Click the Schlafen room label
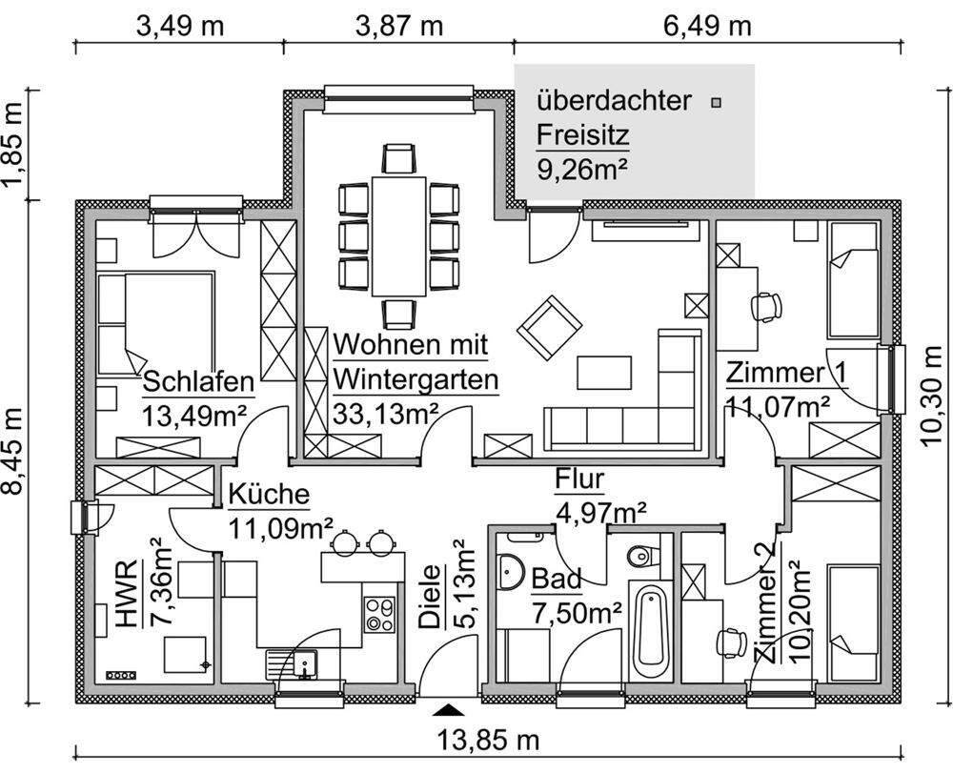pyautogui.click(x=198, y=382)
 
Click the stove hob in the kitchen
pyautogui.click(x=379, y=613)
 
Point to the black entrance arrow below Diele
pyautogui.click(x=447, y=710)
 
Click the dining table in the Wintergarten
pyautogui.click(x=398, y=234)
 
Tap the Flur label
pyautogui.click(x=579, y=479)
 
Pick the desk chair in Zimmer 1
pyautogui.click(x=766, y=305)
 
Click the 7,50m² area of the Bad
pyautogui.click(x=563, y=611)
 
